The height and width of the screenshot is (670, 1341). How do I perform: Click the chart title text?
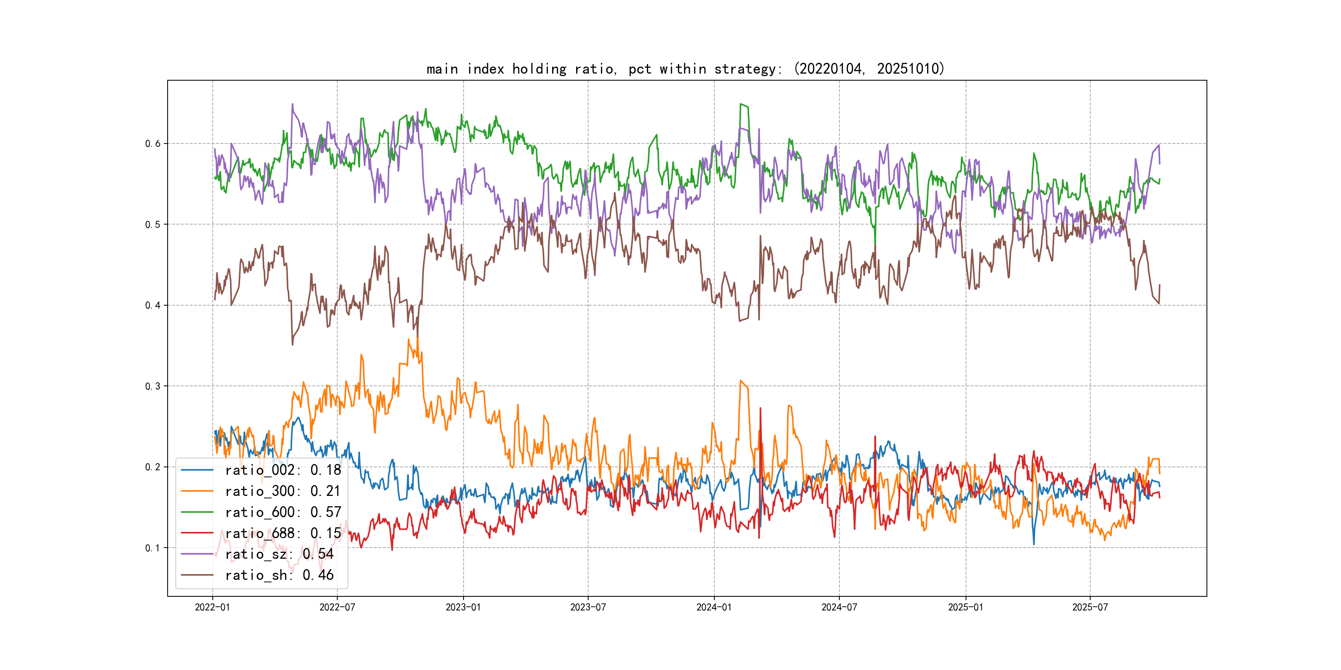point(685,69)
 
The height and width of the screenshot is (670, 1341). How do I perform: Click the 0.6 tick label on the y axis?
point(153,144)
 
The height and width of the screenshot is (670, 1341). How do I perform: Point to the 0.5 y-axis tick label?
point(153,225)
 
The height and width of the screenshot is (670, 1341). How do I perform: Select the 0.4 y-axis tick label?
point(153,305)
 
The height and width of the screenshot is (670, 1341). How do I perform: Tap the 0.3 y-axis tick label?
point(153,386)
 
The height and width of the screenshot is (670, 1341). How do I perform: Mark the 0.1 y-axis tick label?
point(153,548)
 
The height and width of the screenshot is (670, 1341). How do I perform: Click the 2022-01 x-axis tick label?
point(212,607)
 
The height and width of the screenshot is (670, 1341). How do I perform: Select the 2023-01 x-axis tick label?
point(463,607)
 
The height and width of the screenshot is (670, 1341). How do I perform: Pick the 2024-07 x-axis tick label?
point(839,607)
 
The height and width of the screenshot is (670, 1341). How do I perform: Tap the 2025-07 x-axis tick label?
point(1090,607)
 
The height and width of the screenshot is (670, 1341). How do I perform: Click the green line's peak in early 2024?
point(741,105)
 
